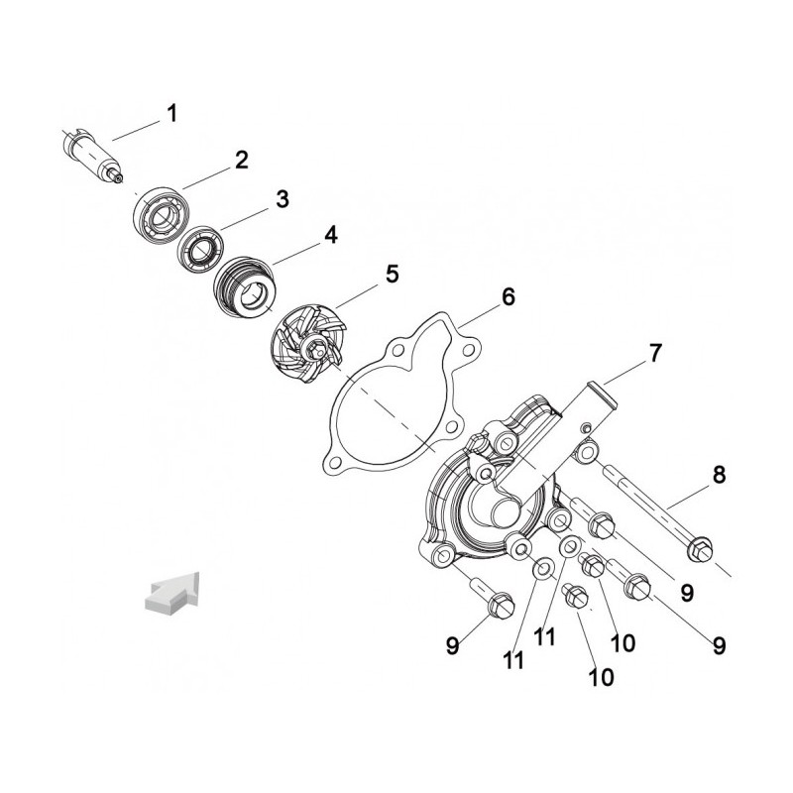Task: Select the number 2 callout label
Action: tap(240, 160)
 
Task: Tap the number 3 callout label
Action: tap(282, 199)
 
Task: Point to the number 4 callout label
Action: tap(330, 235)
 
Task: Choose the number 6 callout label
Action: tap(509, 296)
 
